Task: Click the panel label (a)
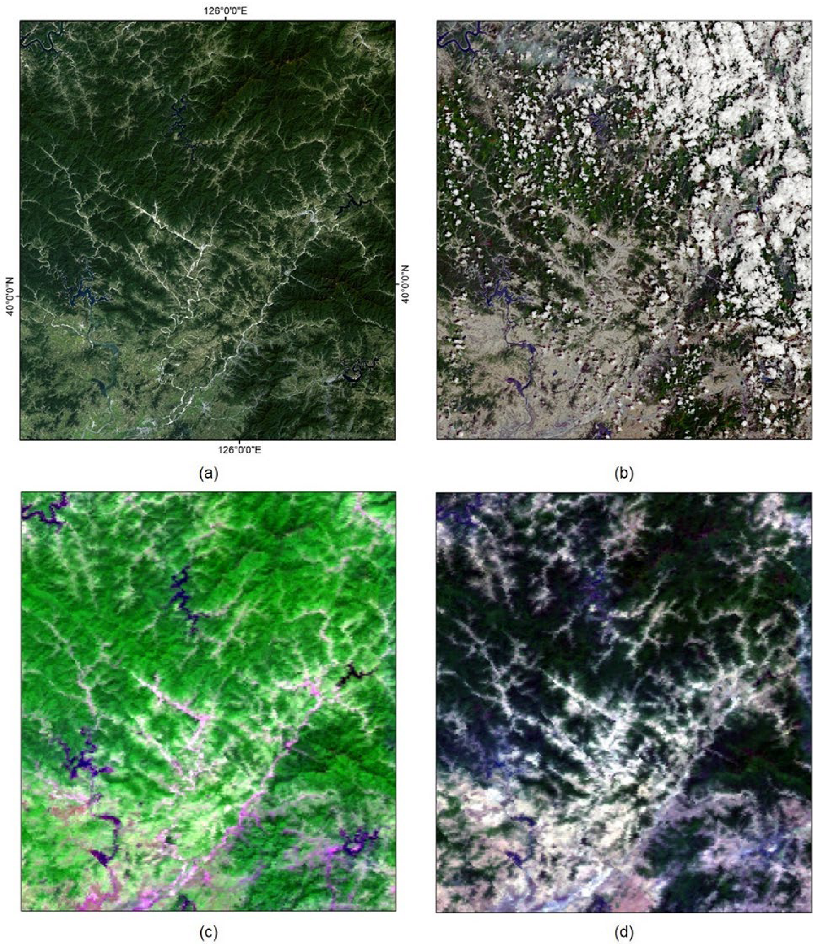coord(209,473)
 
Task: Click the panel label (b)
coord(624,473)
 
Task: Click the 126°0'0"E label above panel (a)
coord(225,10)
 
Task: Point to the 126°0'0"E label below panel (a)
coord(239,450)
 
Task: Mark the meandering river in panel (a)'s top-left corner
coord(39,43)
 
